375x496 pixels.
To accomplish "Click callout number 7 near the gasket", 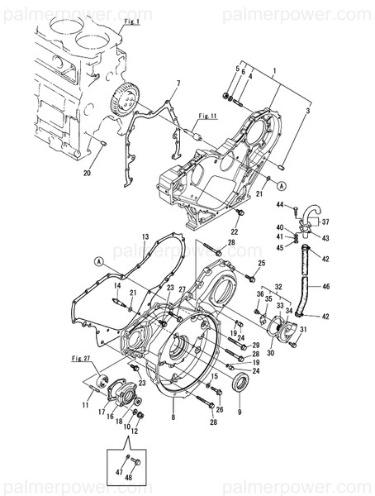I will (177, 85).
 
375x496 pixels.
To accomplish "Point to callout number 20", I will (88, 173).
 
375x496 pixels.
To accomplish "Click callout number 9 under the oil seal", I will (240, 412).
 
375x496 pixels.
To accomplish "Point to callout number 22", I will (234, 232).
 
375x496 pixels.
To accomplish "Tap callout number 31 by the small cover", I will (304, 331).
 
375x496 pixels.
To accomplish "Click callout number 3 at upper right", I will (307, 110).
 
